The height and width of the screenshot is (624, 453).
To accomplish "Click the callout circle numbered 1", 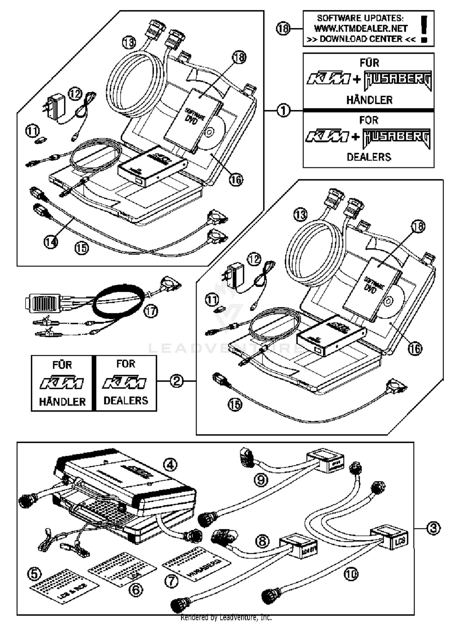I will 283,111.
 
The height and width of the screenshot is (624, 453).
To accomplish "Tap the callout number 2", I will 176,381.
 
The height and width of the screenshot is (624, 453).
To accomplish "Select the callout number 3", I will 433,528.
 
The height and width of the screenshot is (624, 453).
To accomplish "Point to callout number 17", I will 151,311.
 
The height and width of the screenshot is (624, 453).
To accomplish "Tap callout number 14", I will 50,242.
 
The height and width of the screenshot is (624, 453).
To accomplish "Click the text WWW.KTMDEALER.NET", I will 361,29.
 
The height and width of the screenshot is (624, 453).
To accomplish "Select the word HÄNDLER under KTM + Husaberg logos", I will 369,100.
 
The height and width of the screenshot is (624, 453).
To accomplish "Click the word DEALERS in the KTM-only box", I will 126,400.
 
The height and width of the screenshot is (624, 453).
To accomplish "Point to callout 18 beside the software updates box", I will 283,29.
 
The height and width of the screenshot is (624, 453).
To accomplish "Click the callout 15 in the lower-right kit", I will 235,404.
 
